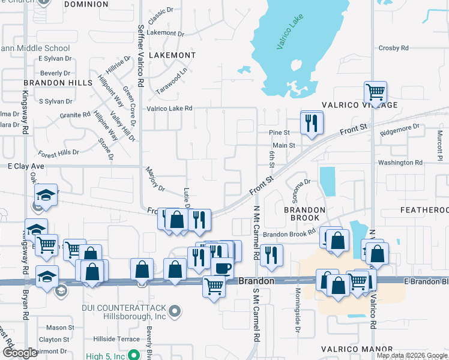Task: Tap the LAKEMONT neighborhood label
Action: [171, 55]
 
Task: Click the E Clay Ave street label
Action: [27, 166]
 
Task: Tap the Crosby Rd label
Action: [393, 48]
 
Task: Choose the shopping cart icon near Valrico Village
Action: [375, 92]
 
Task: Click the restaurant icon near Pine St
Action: [311, 123]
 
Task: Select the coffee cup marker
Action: [222, 267]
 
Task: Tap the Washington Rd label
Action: [400, 163]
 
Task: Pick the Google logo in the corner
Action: [19, 353]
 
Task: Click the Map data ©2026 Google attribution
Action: [412, 355]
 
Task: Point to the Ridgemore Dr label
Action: [400, 128]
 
